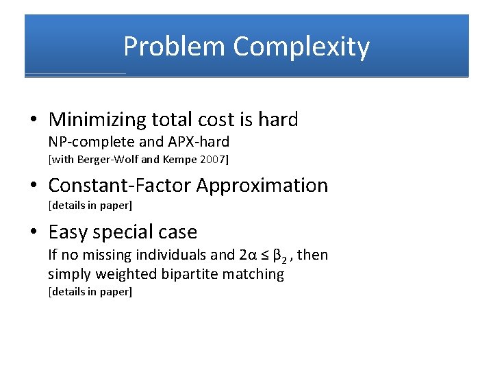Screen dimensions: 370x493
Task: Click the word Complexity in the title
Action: pyautogui.click(x=301, y=47)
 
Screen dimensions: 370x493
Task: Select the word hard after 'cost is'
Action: pyautogui.click(x=278, y=120)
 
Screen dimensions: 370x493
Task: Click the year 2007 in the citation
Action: pyautogui.click(x=211, y=160)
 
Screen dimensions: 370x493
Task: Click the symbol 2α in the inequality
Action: pyautogui.click(x=247, y=255)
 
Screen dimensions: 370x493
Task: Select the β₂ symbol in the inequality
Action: pyautogui.click(x=279, y=256)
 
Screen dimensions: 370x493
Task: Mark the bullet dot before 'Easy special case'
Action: pyautogui.click(x=34, y=233)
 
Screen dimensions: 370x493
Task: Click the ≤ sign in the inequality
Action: pyautogui.click(x=264, y=255)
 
